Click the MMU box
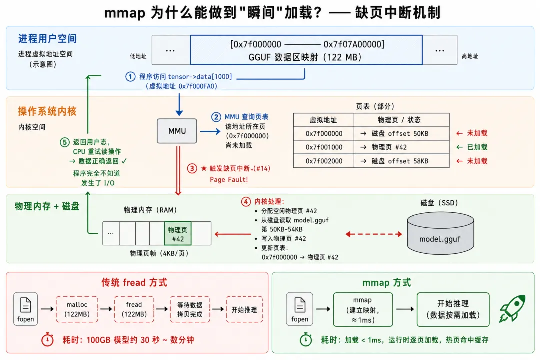[x=177, y=131]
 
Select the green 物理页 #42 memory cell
[x=177, y=234]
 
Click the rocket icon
[x=512, y=308]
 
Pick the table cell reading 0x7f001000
[x=324, y=147]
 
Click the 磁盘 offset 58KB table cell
[x=401, y=161]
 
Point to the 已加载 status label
[x=477, y=147]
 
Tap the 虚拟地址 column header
[x=323, y=120]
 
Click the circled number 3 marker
[x=192, y=169]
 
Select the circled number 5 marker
[x=64, y=142]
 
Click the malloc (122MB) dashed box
[x=77, y=309]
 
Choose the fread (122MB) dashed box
[x=134, y=309]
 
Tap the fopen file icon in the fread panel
[x=26, y=309]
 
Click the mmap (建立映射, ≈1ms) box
[x=363, y=309]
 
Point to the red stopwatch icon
[x=47, y=339]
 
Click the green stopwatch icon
[x=306, y=339]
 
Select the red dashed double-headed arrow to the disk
[x=374, y=234]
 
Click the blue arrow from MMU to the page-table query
[x=210, y=131]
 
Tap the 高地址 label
[x=470, y=56]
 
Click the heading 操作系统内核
[x=47, y=111]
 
